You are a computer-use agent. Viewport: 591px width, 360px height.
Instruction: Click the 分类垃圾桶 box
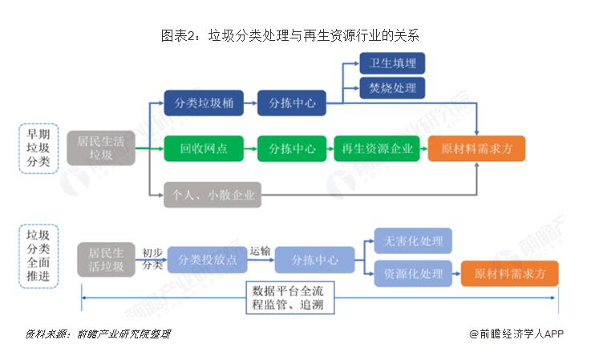(x=197, y=103)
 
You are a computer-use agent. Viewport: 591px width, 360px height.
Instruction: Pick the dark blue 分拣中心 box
(x=292, y=103)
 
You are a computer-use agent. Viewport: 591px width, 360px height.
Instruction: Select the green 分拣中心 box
(x=292, y=149)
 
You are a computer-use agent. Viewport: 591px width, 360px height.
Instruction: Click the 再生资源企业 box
(x=377, y=149)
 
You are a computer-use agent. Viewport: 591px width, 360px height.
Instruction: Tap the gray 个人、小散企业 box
(x=213, y=194)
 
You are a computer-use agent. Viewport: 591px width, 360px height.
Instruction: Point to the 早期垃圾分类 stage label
(x=38, y=149)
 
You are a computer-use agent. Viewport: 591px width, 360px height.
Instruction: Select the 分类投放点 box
(x=208, y=260)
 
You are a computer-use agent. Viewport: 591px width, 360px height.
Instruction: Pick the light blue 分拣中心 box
(x=314, y=260)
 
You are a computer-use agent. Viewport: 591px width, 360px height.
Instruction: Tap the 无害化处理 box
(x=414, y=241)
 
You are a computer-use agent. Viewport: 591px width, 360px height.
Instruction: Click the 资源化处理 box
(x=414, y=273)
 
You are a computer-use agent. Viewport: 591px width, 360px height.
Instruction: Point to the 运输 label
(x=260, y=249)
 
